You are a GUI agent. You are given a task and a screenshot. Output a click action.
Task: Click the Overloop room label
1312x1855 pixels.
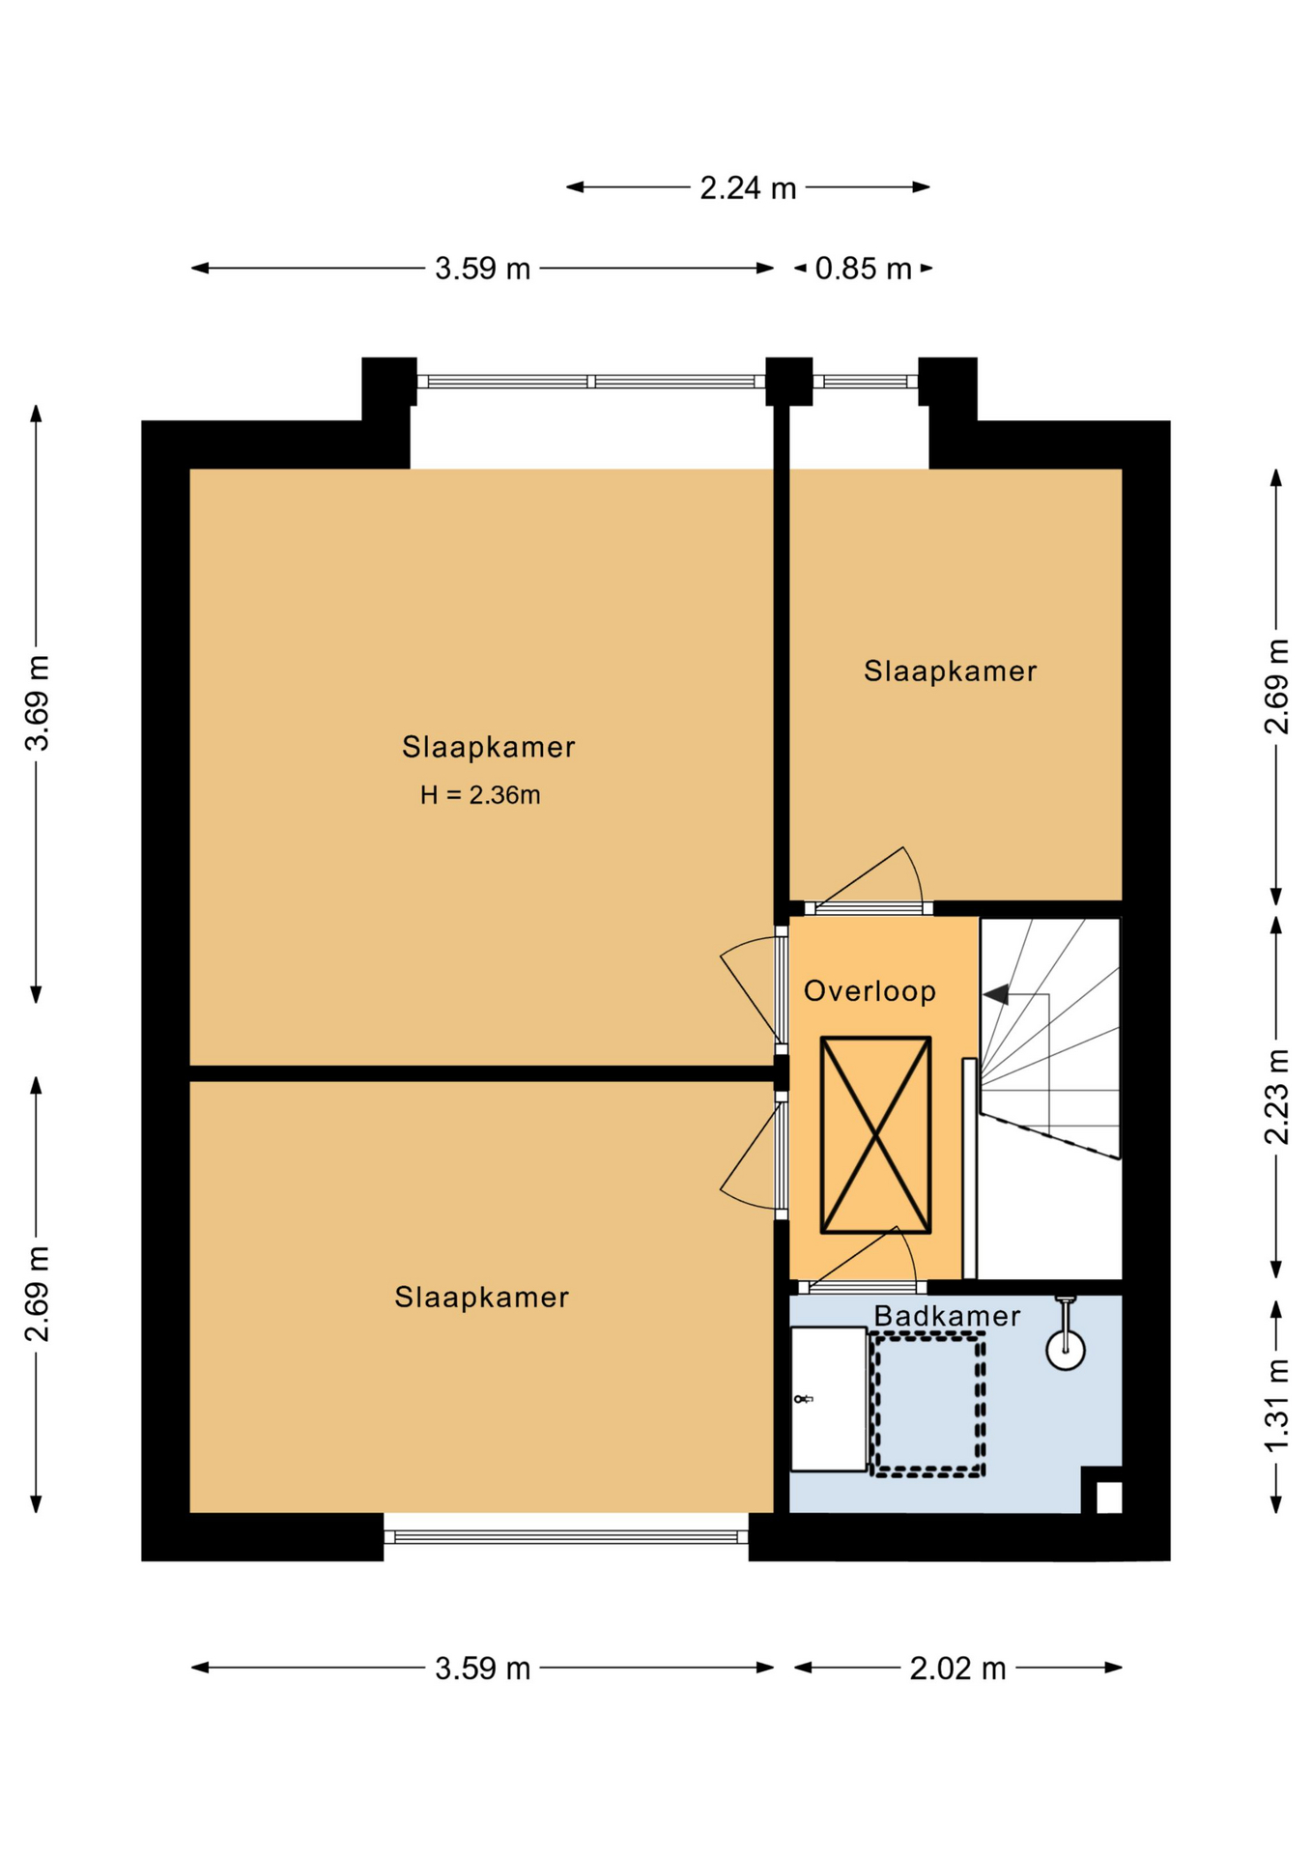click(870, 991)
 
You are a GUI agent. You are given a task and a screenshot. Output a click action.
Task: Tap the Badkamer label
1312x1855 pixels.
click(947, 1316)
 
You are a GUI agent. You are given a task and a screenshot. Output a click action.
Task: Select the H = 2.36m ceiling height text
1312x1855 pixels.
click(480, 795)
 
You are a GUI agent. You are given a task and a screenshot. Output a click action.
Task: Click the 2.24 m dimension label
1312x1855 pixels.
click(748, 187)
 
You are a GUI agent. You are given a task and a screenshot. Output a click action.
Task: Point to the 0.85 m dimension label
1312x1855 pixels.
click(863, 269)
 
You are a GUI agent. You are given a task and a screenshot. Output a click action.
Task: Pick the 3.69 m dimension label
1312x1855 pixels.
click(38, 703)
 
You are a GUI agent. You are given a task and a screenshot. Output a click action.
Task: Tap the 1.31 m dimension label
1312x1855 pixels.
click(1277, 1405)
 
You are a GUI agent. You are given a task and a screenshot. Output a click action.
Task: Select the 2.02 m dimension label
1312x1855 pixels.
click(957, 1669)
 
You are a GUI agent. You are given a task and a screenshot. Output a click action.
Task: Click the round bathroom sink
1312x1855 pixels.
click(1066, 1351)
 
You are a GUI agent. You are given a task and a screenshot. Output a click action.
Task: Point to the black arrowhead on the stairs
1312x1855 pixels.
click(996, 994)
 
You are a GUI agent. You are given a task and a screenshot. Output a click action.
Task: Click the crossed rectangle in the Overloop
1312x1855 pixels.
click(875, 1135)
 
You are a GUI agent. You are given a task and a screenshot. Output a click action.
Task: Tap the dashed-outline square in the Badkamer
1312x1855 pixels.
click(927, 1405)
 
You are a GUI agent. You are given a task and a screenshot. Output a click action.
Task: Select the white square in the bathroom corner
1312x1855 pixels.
click(1109, 1498)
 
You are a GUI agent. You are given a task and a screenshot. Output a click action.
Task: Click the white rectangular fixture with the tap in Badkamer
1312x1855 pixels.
click(829, 1399)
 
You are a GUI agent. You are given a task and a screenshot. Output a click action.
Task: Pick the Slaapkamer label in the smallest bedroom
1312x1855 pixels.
click(950, 671)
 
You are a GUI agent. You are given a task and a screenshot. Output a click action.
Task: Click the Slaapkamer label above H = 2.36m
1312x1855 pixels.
click(489, 747)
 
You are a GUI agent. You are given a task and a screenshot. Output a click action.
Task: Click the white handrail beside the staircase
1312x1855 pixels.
click(969, 1169)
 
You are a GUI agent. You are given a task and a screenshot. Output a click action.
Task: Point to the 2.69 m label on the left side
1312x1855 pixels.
click(38, 1295)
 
